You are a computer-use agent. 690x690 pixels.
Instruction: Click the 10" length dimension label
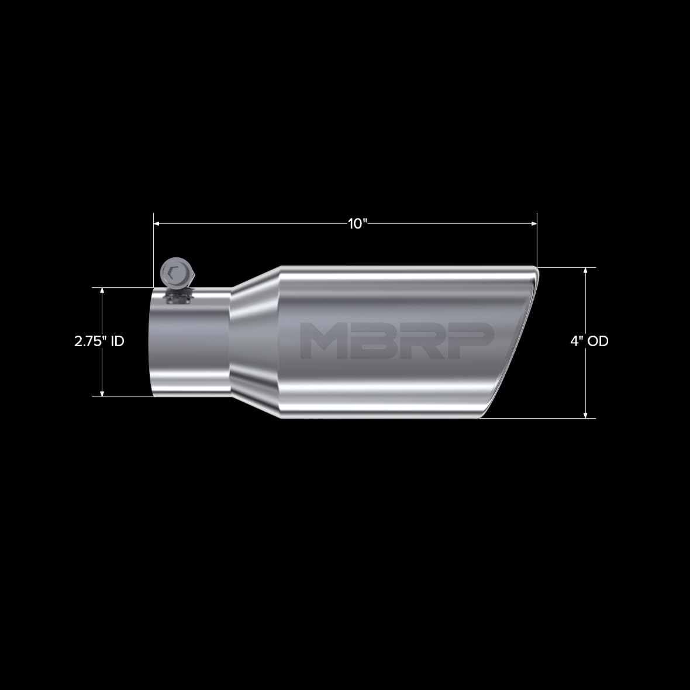pyautogui.click(x=356, y=224)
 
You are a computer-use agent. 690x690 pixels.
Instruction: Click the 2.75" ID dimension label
pyautogui.click(x=99, y=341)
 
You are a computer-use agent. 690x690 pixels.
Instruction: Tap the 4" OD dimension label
pyautogui.click(x=589, y=341)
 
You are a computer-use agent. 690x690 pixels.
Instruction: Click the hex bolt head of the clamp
pyautogui.click(x=174, y=272)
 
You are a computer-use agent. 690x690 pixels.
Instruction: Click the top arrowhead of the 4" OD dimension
pyautogui.click(x=586, y=271)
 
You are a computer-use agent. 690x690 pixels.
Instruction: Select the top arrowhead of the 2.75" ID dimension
pyautogui.click(x=102, y=291)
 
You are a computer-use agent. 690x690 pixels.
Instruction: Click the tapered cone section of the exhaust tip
pyautogui.click(x=256, y=341)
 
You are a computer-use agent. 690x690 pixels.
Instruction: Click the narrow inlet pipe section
pyautogui.click(x=190, y=345)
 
